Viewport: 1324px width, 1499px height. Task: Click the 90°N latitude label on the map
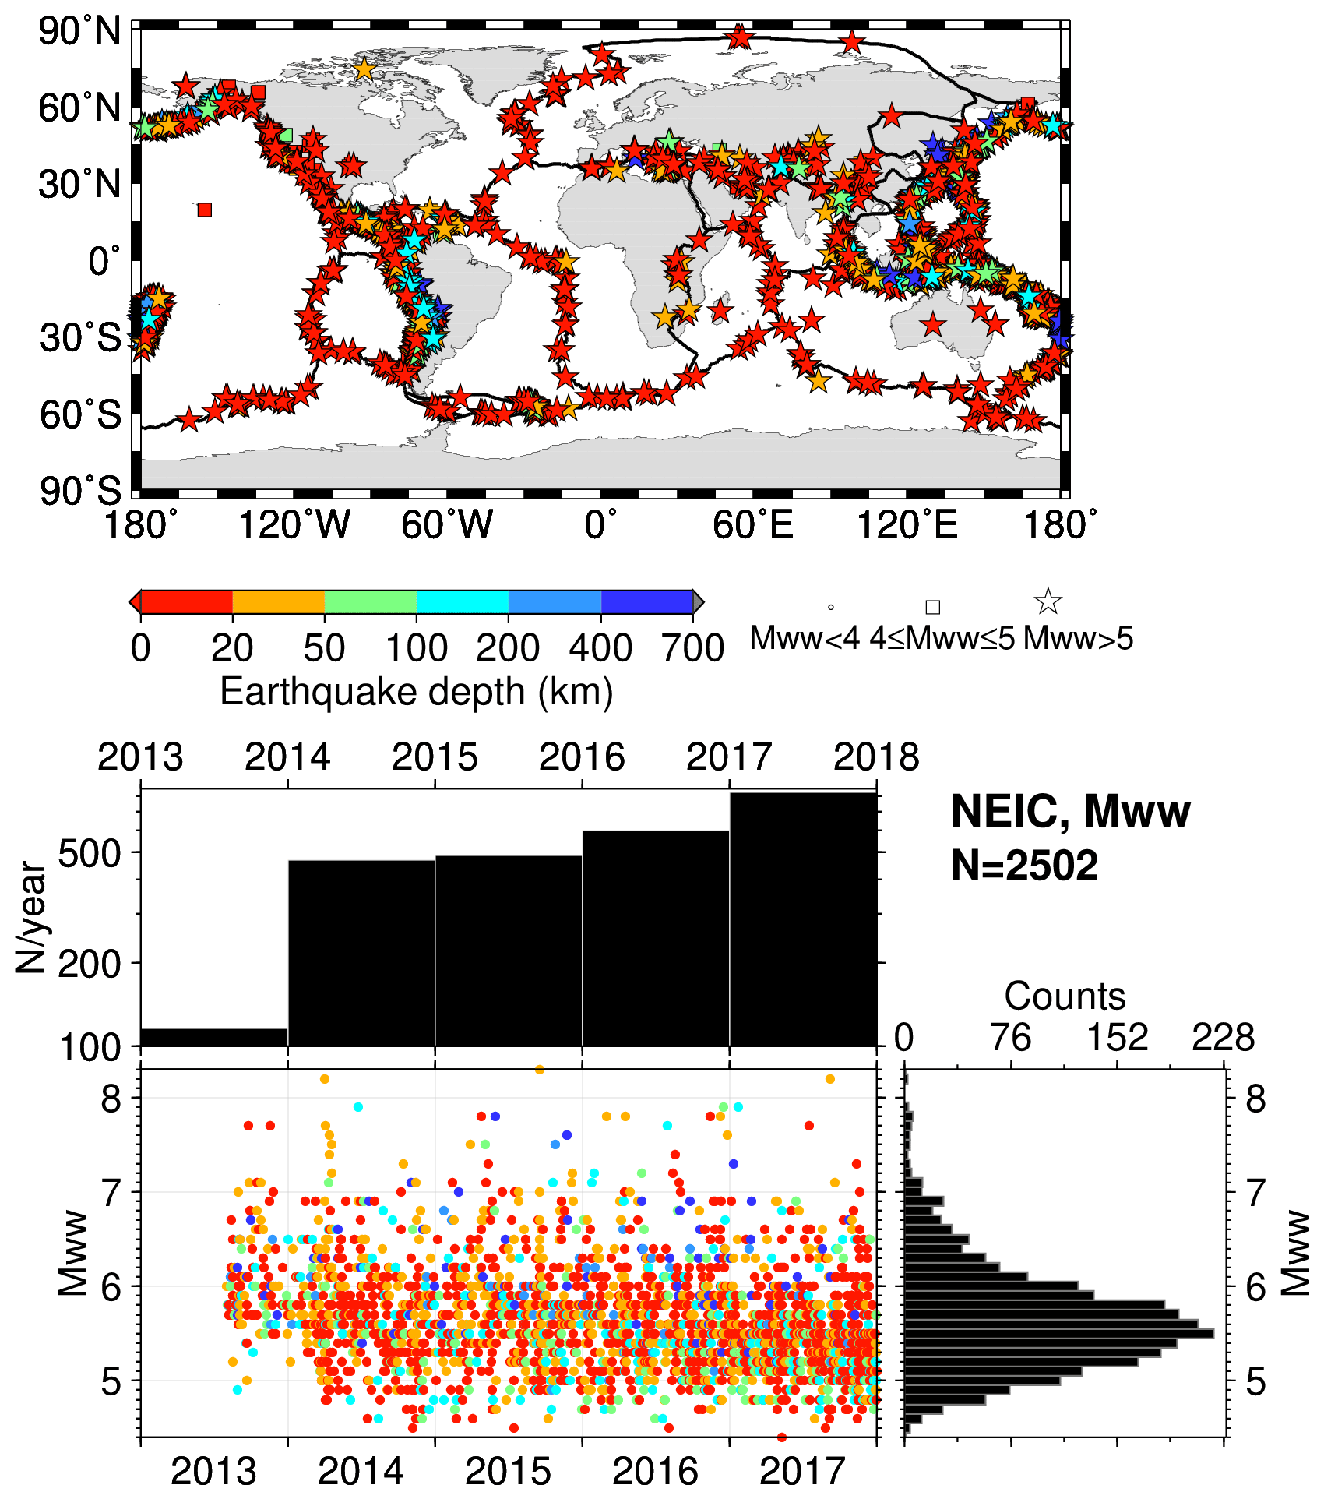pos(80,32)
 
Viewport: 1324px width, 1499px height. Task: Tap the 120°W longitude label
pos(294,524)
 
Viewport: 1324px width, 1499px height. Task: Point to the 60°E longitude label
pos(752,524)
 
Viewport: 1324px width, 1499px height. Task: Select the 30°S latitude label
pos(81,338)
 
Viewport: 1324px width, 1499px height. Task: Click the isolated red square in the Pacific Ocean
pos(204,210)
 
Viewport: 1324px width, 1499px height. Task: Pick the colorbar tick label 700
pos(692,648)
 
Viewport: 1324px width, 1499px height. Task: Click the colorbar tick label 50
pos(324,648)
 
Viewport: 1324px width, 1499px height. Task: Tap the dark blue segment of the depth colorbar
pos(646,602)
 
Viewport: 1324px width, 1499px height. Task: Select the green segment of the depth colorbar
pos(370,602)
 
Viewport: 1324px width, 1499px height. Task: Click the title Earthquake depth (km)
pos(417,692)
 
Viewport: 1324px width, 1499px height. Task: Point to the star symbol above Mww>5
pos(1048,601)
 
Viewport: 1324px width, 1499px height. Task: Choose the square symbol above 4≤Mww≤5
pos(932,607)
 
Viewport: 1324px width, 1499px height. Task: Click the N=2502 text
pos(1024,865)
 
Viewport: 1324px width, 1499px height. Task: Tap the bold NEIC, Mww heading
pos(1070,811)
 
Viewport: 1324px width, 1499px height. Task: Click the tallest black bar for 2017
pos(803,919)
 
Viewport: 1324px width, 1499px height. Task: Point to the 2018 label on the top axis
pos(876,757)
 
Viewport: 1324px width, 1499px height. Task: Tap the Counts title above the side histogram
pos(1065,996)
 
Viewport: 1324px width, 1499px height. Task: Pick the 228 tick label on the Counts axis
pos(1223,1038)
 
